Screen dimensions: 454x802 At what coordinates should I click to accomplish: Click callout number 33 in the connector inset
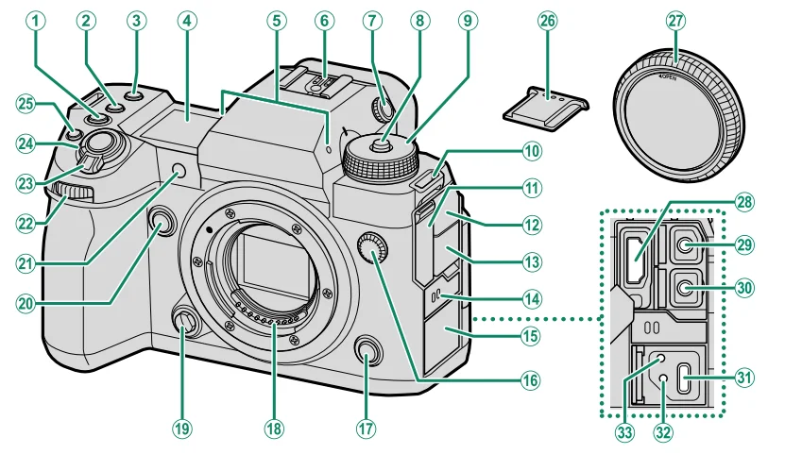coord(624,427)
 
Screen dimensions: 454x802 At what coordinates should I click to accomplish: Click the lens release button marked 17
coord(367,353)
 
